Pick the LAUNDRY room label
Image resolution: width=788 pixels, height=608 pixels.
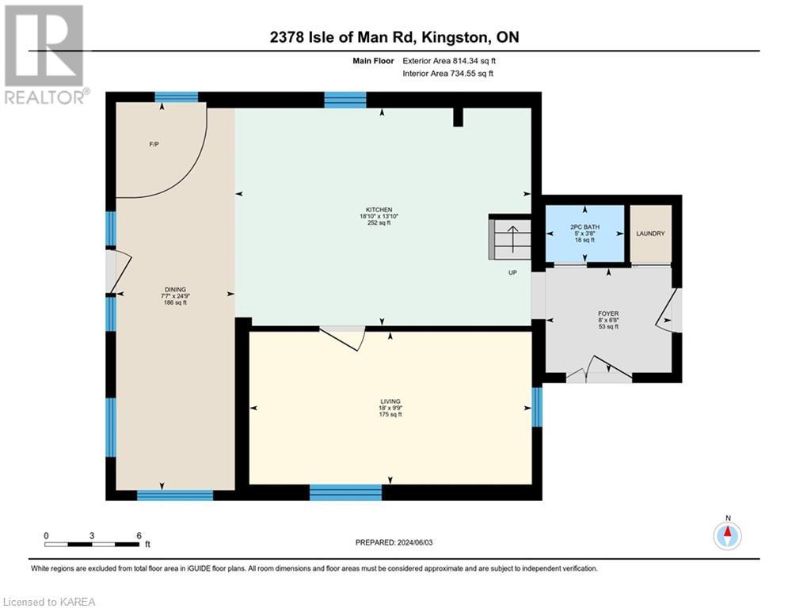(x=650, y=234)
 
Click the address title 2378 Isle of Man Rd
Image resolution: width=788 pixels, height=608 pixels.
(x=393, y=37)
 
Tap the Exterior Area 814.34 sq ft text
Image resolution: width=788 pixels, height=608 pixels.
(x=452, y=60)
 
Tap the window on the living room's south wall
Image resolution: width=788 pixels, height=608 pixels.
(x=345, y=492)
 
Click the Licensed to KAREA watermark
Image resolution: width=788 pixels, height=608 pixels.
(x=48, y=602)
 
